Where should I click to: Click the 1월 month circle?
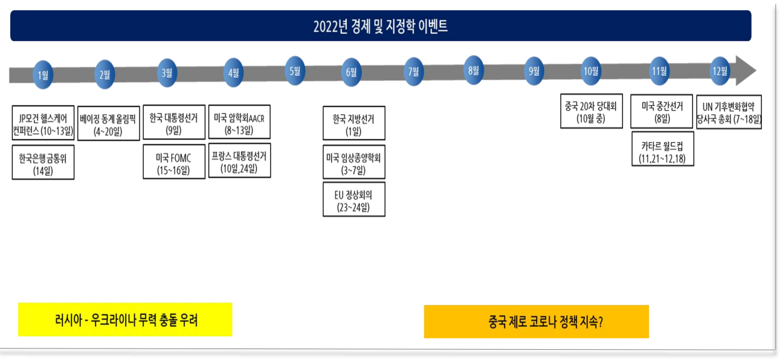[x=43, y=75]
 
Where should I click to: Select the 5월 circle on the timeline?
[x=295, y=71]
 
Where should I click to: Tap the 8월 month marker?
[x=473, y=70]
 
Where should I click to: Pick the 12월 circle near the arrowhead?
[x=720, y=71]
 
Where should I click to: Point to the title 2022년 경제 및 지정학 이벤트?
[x=381, y=26]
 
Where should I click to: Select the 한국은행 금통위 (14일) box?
[x=43, y=162]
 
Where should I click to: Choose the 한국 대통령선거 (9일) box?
[x=174, y=124]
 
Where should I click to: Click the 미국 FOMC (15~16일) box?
[x=174, y=162]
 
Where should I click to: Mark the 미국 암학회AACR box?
[x=239, y=122]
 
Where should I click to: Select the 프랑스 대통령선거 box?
[x=239, y=161]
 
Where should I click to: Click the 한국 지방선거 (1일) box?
[x=354, y=124]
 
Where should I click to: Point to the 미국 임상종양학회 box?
[x=354, y=162]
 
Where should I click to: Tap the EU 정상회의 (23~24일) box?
[x=354, y=200]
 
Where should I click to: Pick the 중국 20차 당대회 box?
[x=591, y=112]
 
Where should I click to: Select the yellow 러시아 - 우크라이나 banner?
[x=125, y=320]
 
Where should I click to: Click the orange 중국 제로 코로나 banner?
[x=537, y=321]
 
